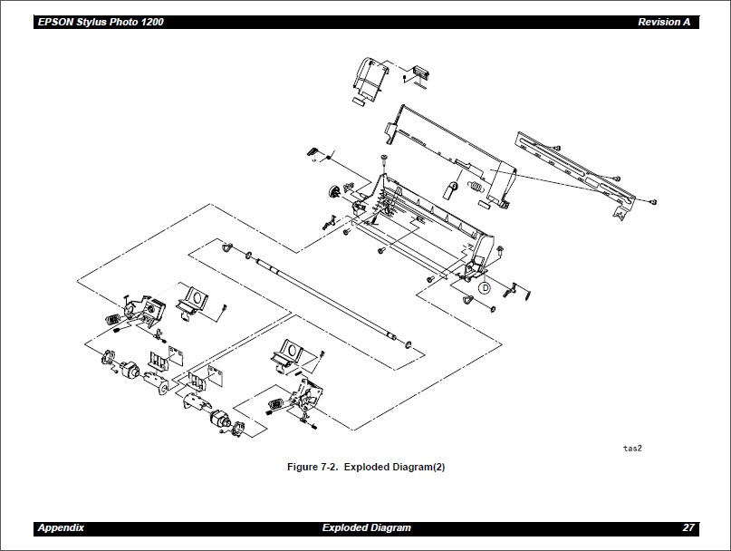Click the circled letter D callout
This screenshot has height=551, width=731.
(x=484, y=287)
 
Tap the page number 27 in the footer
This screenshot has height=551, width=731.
(x=688, y=527)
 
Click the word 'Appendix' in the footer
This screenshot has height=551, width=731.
(x=62, y=527)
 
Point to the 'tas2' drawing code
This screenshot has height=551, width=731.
(x=631, y=448)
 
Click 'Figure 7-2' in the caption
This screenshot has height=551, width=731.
(x=313, y=468)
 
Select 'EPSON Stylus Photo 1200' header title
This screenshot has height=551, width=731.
(x=101, y=22)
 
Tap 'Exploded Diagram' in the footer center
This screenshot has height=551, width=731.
(x=366, y=527)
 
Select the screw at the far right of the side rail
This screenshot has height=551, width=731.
(x=652, y=201)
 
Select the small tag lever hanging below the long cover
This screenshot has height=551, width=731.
(x=448, y=190)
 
